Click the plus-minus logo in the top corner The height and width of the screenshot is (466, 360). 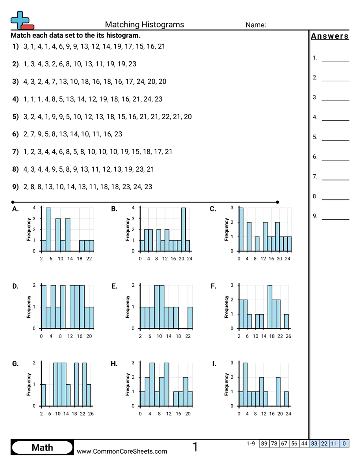[21, 20]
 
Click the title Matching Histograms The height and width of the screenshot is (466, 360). [144, 25]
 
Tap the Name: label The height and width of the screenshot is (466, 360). [255, 25]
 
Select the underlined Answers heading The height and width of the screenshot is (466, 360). [330, 37]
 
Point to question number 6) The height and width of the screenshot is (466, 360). [15, 134]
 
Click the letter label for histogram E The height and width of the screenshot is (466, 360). [114, 286]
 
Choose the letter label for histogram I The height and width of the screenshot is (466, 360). [214, 364]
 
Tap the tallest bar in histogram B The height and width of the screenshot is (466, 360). [183, 229]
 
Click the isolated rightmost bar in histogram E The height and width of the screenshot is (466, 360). [190, 318]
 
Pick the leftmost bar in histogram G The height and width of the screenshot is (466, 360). [43, 395]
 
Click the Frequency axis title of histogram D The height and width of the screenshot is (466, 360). [29, 307]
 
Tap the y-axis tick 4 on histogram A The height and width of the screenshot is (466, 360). [35, 207]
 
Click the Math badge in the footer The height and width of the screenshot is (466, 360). [42, 448]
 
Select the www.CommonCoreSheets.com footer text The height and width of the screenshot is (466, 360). [122, 451]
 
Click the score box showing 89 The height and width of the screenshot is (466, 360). [264, 443]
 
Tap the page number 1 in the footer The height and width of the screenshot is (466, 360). [195, 447]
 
